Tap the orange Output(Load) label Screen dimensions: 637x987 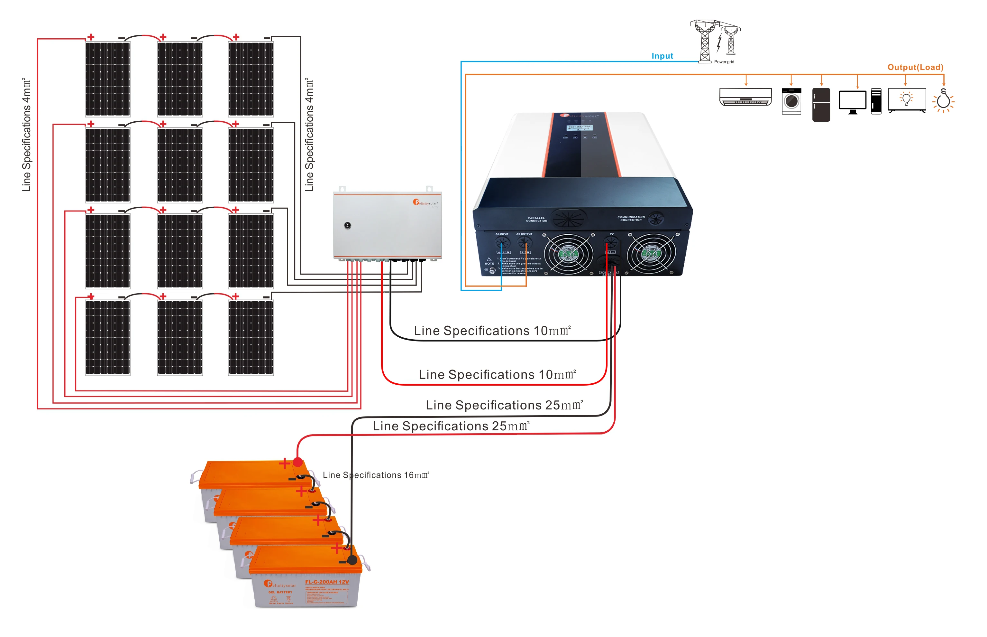[915, 67]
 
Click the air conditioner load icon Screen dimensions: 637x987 [745, 97]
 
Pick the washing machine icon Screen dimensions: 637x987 [791, 101]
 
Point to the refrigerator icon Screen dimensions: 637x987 [820, 104]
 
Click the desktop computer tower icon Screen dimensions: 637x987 [875, 101]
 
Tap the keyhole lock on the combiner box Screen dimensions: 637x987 [348, 225]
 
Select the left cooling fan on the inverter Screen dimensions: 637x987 [568, 254]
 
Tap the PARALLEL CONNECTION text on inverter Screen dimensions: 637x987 [536, 219]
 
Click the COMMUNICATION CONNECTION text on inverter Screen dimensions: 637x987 [631, 219]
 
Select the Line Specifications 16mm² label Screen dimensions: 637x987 [376, 475]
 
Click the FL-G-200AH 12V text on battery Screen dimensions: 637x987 [326, 582]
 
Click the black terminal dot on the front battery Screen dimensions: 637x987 [352, 560]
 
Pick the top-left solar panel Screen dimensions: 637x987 [107, 79]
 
